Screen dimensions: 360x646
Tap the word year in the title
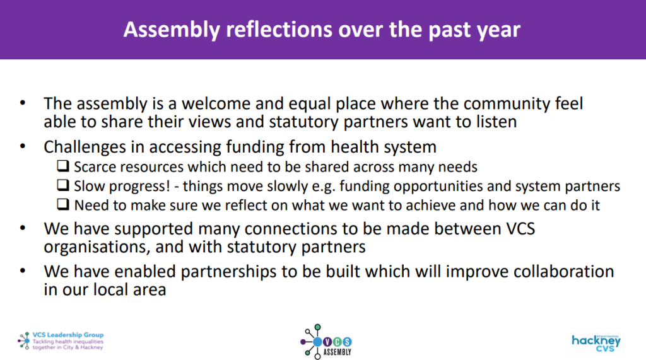[496, 30]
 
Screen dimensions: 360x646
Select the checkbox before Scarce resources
[63, 167]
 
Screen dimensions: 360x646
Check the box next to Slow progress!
[63, 187]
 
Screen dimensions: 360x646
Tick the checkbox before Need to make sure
[63, 206]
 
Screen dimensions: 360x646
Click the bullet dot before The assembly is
[23, 103]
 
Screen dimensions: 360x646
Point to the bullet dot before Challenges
[23, 147]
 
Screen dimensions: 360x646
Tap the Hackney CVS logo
[596, 342]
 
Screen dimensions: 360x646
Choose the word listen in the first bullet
[494, 120]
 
